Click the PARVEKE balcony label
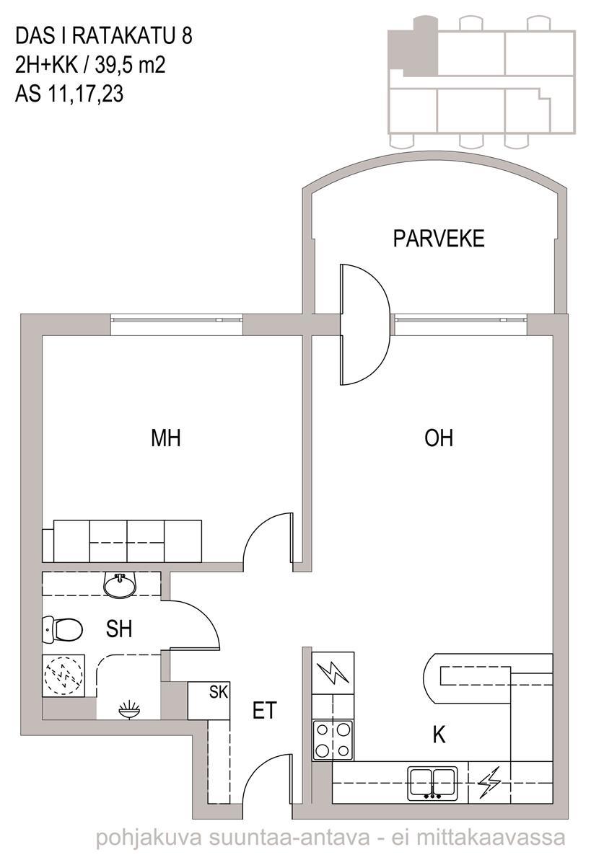[439, 239]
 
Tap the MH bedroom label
[166, 438]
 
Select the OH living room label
[439, 438]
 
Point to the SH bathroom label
[119, 629]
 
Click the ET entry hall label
[265, 710]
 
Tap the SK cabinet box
[209, 701]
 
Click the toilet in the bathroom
[62, 629]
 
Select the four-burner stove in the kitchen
[333, 740]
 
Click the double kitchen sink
[432, 784]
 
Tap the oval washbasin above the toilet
[120, 586]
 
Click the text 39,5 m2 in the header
[131, 65]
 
